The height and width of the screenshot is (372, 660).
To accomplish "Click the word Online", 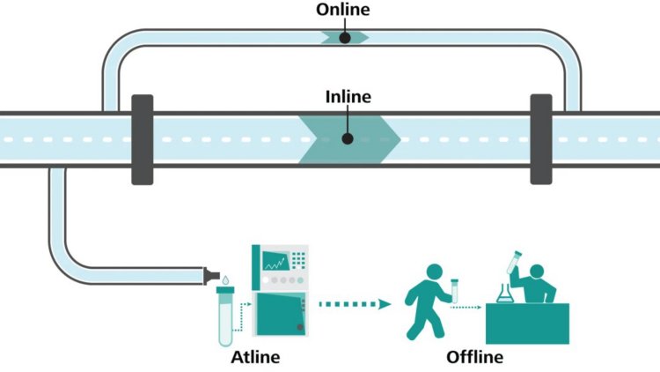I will pos(344,10).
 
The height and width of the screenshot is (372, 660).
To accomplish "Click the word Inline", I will pos(348,96).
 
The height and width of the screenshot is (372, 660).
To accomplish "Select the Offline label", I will pos(474,357).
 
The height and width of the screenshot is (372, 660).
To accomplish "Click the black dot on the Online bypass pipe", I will pos(345,37).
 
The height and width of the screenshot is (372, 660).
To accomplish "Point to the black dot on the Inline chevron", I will pos(348,138).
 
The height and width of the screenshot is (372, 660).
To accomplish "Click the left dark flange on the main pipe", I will pos(142,138).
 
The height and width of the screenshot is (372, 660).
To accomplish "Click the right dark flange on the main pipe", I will pos(540,138).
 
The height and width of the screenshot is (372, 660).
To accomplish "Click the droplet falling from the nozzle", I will pos(226,281).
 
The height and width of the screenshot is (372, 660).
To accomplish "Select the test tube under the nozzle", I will pos(224,316).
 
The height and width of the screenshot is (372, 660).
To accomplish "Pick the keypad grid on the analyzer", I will pos(298,260).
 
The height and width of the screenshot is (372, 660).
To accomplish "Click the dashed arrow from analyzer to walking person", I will pos(352,305).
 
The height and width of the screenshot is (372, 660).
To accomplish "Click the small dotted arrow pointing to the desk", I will pos(468,308).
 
